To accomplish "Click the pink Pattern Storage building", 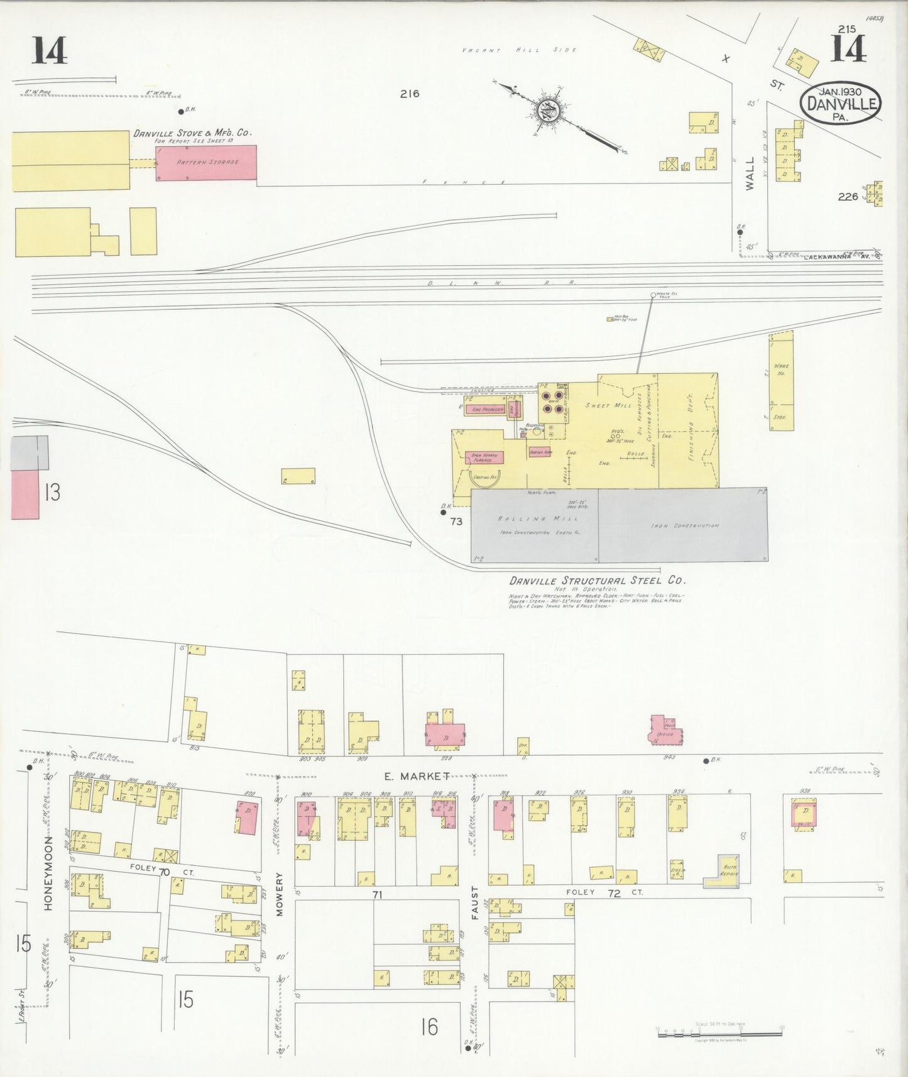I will (x=206, y=163).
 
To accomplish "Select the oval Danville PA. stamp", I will (x=841, y=102).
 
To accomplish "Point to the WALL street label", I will (x=750, y=173).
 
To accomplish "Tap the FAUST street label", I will (x=475, y=903).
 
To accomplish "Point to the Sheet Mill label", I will (x=608, y=406).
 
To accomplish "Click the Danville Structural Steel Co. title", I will (x=598, y=581).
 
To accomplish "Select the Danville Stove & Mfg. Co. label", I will (x=192, y=133).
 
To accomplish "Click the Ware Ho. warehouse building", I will (x=781, y=381).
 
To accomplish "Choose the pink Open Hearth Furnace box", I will (x=485, y=457).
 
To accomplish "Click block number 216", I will (x=409, y=94).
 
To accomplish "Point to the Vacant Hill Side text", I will (x=519, y=50).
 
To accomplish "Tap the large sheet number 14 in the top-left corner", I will (x=50, y=50).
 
